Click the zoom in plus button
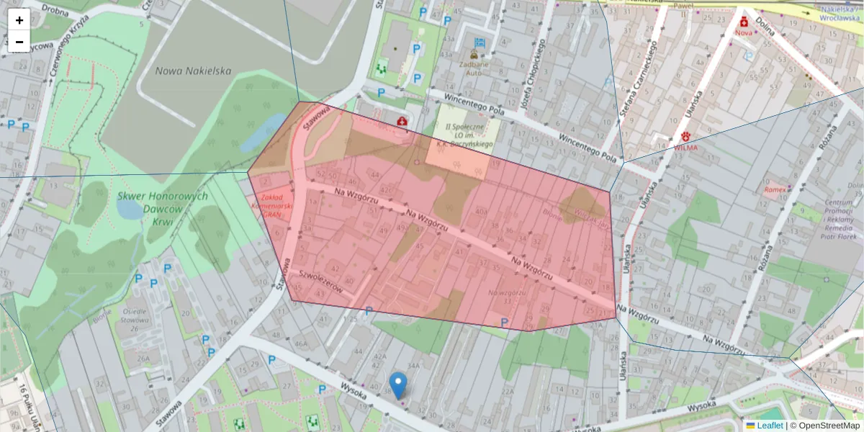(x=19, y=20)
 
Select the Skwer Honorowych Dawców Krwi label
(x=163, y=208)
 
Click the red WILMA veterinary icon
(x=686, y=136)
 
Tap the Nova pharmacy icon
(x=743, y=22)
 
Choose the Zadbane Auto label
(x=474, y=68)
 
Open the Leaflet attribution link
(x=770, y=426)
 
